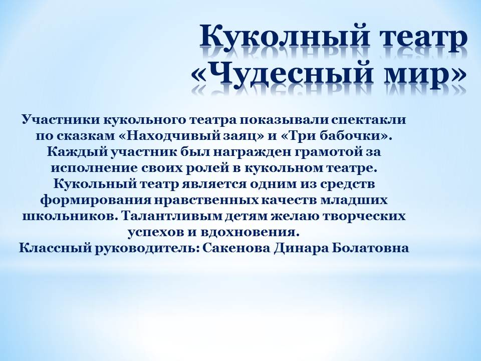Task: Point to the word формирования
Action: [x=96, y=201]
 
